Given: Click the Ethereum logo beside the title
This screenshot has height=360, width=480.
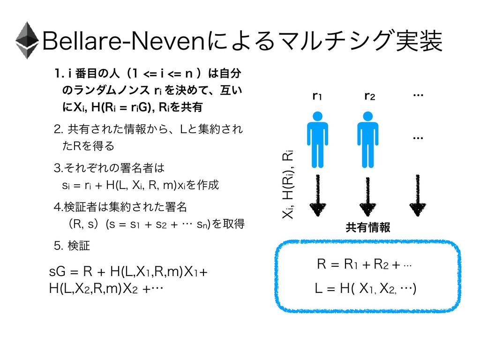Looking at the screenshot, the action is coord(27,40).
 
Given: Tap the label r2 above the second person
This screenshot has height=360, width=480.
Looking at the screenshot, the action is coord(370,97).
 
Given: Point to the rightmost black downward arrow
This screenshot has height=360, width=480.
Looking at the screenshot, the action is coord(418,195).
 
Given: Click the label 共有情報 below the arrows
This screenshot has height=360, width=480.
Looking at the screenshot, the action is coord(368,228).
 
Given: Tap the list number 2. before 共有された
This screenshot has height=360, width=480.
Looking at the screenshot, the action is coord(59,128).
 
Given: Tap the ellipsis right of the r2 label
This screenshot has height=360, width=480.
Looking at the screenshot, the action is coord(418,96).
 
